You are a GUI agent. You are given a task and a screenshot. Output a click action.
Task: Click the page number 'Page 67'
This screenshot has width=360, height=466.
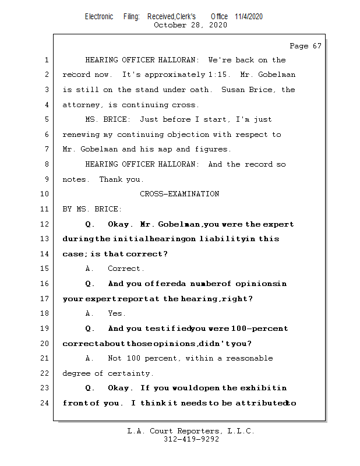point(305,46)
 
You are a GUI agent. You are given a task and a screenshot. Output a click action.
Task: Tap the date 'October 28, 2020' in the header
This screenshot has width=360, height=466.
point(190,25)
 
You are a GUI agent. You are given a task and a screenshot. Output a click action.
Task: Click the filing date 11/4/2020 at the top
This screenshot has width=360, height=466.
point(249,16)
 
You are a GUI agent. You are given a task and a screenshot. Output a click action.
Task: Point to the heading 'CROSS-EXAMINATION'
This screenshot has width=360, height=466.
point(179,194)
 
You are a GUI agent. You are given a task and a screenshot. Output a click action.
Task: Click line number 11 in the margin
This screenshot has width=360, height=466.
point(46,209)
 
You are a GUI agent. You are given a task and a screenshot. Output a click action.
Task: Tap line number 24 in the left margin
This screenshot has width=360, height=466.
point(46,403)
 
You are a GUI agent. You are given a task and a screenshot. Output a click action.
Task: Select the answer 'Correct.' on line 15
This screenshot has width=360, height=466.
point(126,269)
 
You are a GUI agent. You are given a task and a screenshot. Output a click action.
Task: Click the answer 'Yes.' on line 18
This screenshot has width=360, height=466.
point(117,313)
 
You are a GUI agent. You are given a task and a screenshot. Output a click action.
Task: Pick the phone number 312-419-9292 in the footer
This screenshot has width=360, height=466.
point(191,440)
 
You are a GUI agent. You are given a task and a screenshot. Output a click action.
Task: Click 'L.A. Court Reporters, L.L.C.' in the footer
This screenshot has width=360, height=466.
point(191,432)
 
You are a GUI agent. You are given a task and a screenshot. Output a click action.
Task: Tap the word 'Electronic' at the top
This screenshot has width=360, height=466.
point(99,16)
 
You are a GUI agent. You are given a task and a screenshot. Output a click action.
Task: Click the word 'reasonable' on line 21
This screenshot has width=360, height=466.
point(250,358)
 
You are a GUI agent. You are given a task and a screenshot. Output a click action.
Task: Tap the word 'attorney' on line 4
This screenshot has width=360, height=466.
point(81,105)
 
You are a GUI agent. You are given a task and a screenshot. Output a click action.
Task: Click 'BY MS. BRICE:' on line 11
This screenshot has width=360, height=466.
point(92,209)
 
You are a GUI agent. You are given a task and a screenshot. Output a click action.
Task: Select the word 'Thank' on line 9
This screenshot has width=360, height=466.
point(110,179)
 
